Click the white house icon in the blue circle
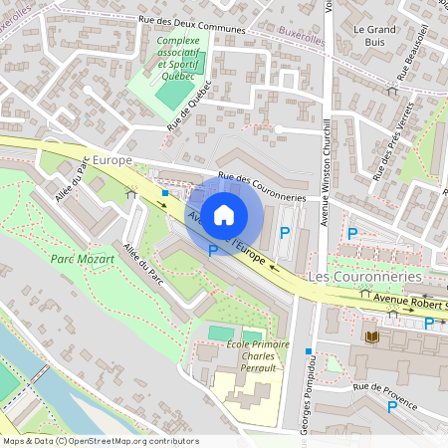(x=224, y=214)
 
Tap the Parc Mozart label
(x=82, y=258)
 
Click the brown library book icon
(x=371, y=337)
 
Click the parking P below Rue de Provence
(x=391, y=406)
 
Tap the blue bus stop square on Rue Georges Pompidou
(x=310, y=351)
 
